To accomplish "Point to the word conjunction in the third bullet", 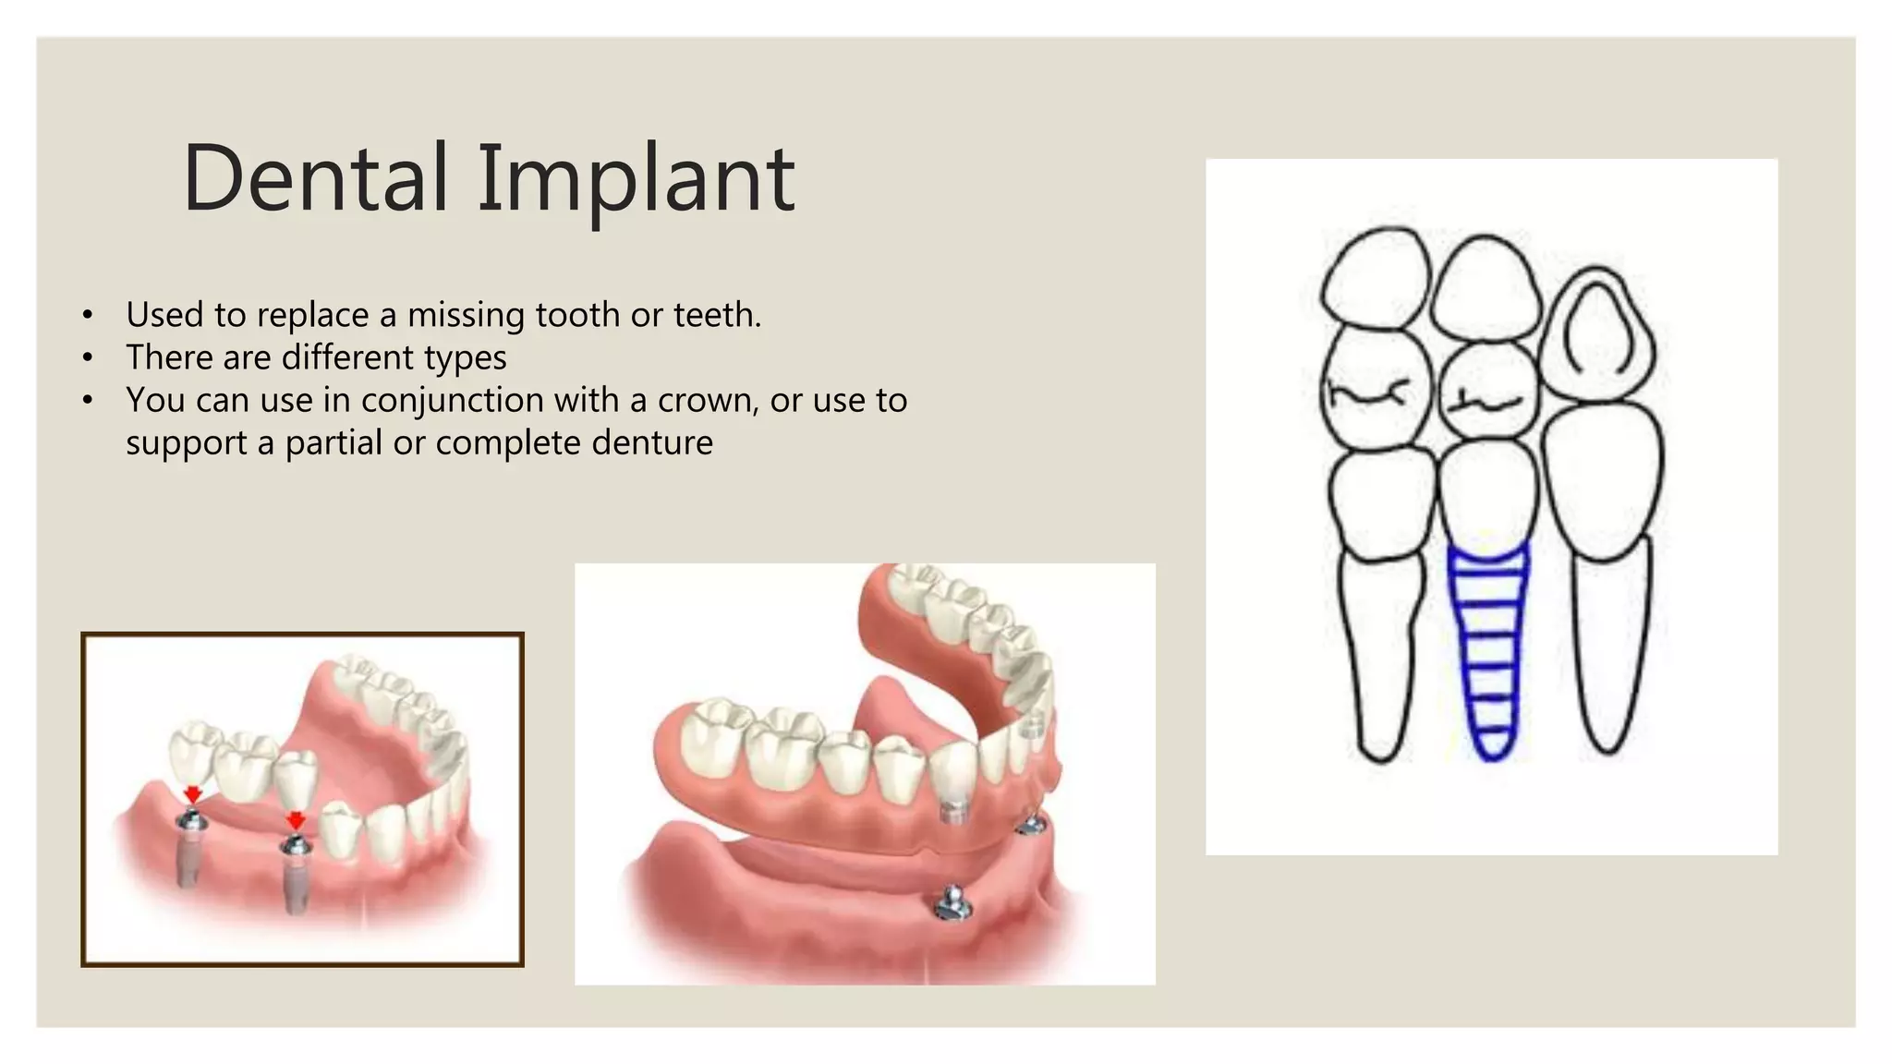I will (x=452, y=401).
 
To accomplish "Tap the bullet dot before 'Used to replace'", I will (x=88, y=316).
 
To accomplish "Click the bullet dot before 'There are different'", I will (x=88, y=358).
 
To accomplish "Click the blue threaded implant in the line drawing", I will (x=1488, y=647).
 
